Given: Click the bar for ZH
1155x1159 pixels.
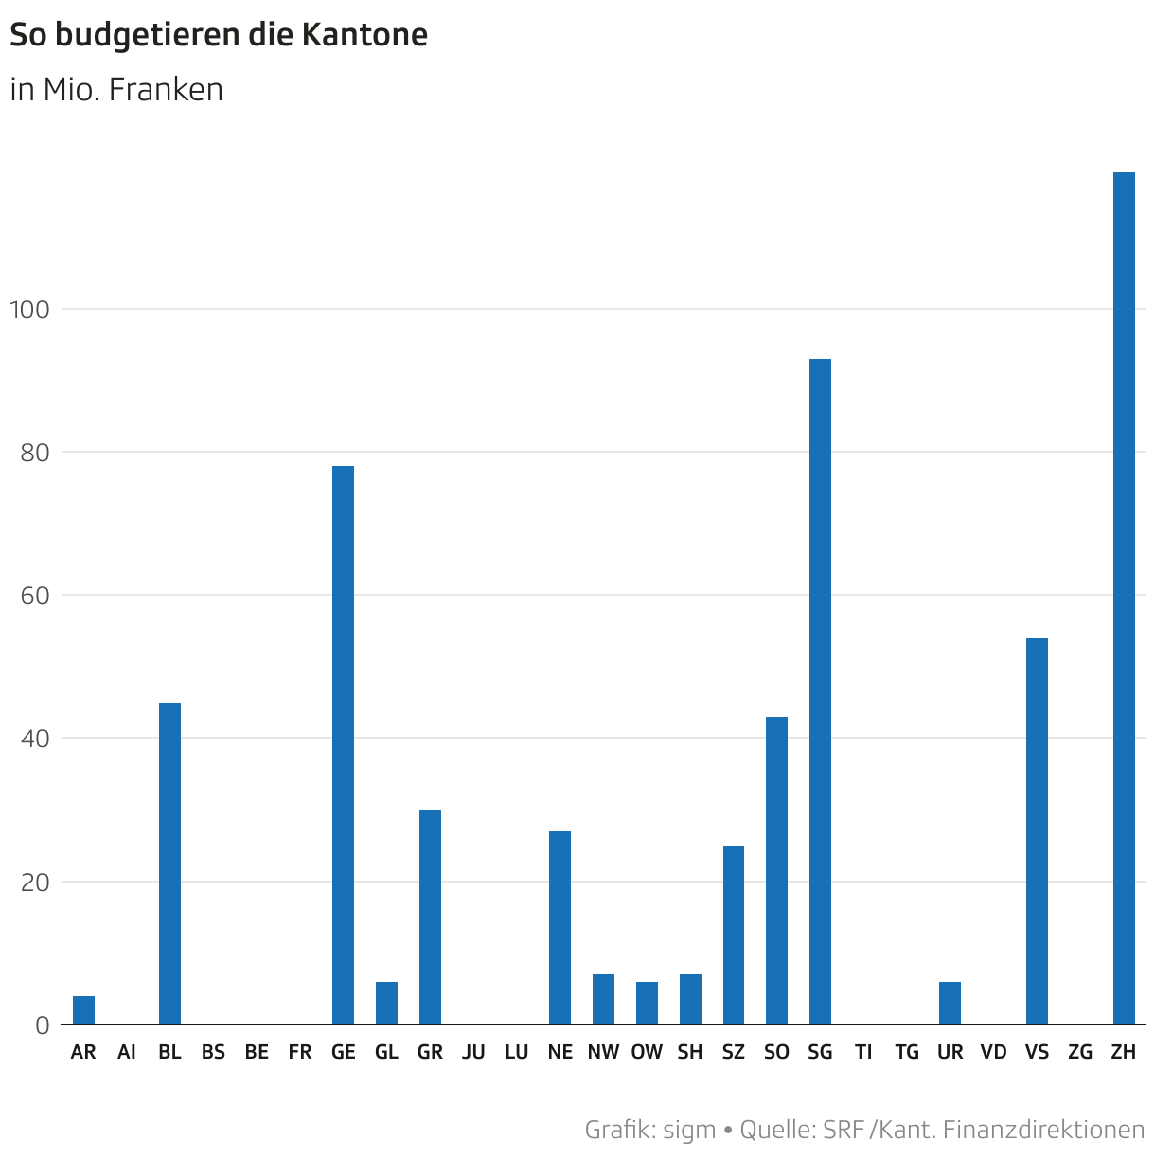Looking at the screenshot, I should [x=1124, y=598].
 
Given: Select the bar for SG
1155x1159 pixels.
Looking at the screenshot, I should [x=820, y=691].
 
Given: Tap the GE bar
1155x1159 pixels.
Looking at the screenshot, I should [x=343, y=745].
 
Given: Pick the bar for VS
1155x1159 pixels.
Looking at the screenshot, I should [x=1037, y=831].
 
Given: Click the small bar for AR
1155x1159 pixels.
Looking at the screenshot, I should [x=83, y=1010].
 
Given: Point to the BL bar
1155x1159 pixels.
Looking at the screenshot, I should [x=169, y=864].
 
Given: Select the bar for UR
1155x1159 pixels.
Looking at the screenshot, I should [x=950, y=1004].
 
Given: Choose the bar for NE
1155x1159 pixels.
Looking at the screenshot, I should [x=560, y=928].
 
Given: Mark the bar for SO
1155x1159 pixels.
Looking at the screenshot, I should [x=776, y=871].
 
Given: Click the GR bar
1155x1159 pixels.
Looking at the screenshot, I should [x=430, y=917].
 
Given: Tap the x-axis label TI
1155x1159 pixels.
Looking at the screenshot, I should [x=863, y=1052].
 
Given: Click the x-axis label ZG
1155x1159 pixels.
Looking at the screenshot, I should [x=1080, y=1052].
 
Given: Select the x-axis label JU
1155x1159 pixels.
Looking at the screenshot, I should [x=473, y=1052].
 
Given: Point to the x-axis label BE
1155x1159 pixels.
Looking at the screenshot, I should [x=257, y=1052].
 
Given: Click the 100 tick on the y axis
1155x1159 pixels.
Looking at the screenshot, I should [x=27, y=310].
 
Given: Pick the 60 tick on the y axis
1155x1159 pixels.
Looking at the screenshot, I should [x=34, y=596].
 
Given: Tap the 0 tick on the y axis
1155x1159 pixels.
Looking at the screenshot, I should [x=43, y=1025].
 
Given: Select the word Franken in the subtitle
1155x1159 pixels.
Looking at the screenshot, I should [x=166, y=90].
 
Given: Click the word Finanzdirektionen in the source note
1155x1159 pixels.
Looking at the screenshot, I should [x=1044, y=1130].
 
